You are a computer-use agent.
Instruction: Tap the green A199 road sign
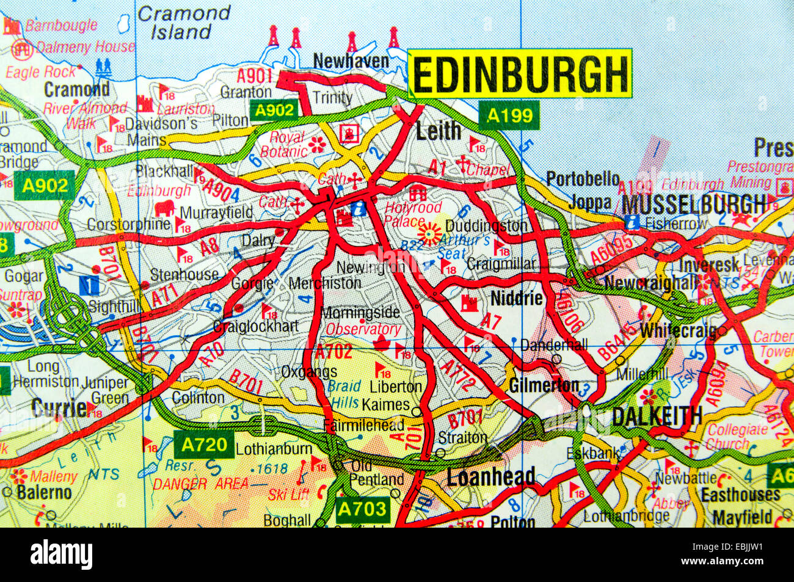point(509,115)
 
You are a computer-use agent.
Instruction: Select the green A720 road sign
point(204,445)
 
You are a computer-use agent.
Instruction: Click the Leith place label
point(438,130)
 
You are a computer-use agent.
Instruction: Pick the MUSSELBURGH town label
point(694,203)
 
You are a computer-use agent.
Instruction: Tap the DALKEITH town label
point(657,416)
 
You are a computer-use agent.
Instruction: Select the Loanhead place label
point(491,477)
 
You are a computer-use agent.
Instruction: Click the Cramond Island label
point(184,23)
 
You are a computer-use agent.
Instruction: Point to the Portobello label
point(583,179)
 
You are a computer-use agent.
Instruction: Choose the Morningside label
point(360,313)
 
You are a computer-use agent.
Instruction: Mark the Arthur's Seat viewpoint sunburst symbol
point(430,233)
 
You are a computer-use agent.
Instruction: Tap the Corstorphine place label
point(128,224)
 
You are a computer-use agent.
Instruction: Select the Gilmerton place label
point(544,385)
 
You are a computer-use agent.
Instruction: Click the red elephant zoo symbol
point(163,209)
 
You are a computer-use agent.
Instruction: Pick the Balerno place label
point(44,492)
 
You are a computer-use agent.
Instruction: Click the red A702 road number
point(333,351)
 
